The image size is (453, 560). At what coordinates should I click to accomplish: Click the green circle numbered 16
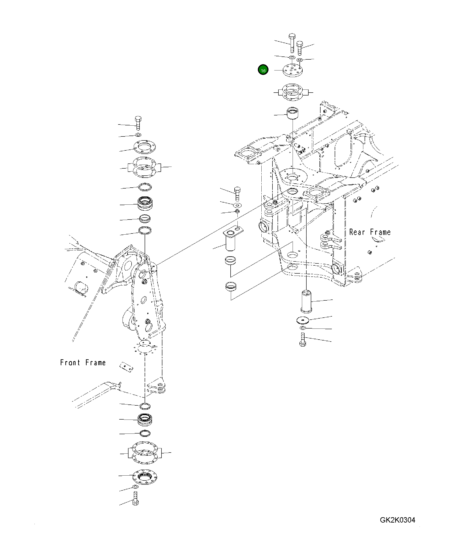263,70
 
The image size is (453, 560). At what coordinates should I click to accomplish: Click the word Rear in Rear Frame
357,232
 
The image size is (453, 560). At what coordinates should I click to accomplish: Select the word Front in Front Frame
70,362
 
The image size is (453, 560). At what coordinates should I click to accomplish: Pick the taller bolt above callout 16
292,43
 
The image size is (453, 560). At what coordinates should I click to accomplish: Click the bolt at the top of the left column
138,123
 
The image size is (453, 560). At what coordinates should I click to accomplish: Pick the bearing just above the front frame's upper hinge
145,204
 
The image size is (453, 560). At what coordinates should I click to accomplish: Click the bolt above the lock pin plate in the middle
237,194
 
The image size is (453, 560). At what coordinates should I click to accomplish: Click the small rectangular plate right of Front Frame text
126,367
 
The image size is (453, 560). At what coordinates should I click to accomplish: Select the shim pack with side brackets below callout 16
293,92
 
